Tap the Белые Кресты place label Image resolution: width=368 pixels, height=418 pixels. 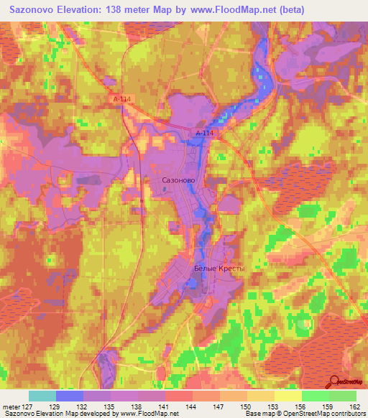click(219, 269)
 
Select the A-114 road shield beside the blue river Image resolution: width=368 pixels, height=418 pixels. click(205, 134)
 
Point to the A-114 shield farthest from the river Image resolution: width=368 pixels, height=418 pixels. click(122, 100)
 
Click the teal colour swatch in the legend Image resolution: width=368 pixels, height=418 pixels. click(42, 396)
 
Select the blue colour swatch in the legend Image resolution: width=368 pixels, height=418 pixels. click(70, 396)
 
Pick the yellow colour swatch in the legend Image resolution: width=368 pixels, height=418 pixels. click(287, 396)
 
